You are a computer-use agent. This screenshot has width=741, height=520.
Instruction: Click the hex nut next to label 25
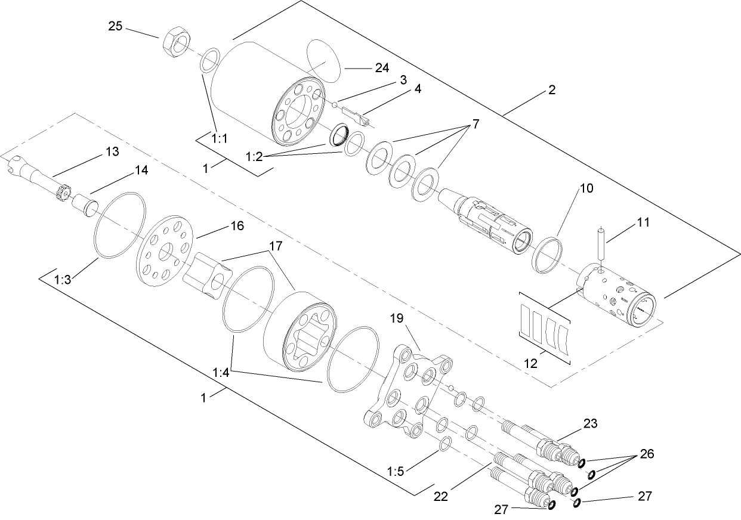point(175,42)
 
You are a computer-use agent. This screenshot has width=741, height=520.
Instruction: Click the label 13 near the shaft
point(112,151)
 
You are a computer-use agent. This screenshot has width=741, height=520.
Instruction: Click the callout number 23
point(589,423)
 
